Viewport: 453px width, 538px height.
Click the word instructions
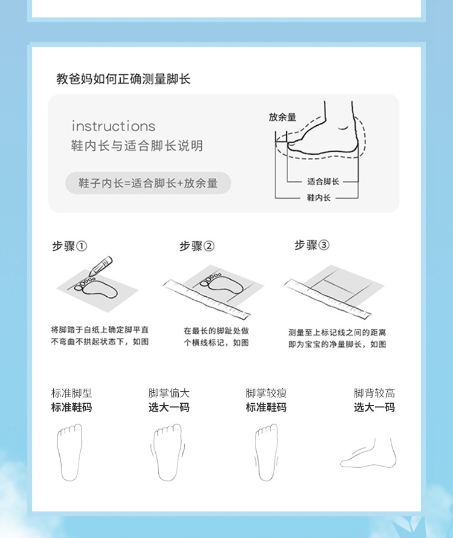coord(114,126)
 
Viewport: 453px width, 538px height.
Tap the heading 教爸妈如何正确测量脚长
coord(123,79)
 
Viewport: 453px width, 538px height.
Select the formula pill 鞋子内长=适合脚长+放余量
coord(148,183)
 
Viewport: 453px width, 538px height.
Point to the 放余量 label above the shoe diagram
coord(282,117)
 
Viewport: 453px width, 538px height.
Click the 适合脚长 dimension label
coord(323,181)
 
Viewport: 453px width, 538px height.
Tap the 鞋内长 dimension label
coord(318,198)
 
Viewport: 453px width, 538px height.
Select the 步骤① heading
coord(69,246)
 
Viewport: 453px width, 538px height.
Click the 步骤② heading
coord(197,246)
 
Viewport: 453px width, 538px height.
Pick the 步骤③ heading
coord(312,245)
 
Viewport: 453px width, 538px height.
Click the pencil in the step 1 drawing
coord(100,266)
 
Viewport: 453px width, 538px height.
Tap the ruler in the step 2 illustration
coord(207,298)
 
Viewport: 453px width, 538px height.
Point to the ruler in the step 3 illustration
coord(327,298)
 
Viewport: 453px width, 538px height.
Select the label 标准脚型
coord(72,393)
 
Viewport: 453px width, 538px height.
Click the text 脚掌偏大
coord(169,393)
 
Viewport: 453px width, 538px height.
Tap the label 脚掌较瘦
coord(266,393)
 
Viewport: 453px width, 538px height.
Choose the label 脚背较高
coord(374,393)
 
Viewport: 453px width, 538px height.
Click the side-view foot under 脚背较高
coord(368,453)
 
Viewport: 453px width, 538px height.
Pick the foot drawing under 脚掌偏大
coord(167,453)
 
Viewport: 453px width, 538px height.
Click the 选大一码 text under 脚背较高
coord(374,407)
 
